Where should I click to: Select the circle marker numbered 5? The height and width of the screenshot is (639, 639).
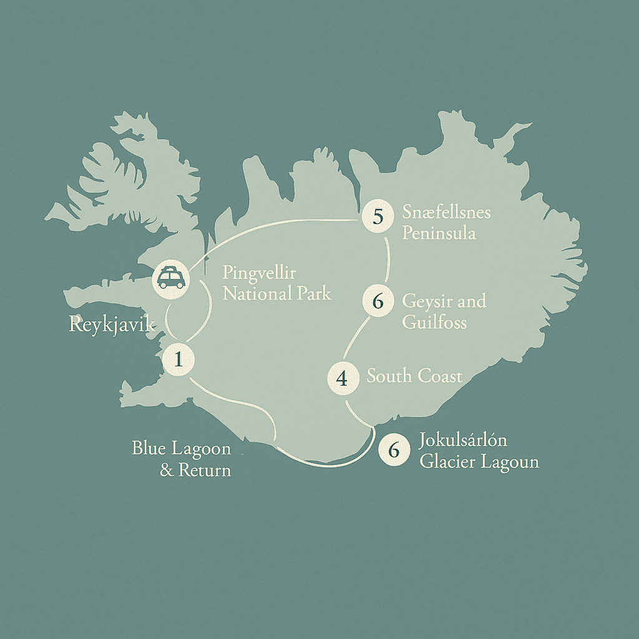pyautogui.click(x=378, y=217)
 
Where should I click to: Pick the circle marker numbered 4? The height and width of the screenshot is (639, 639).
pyautogui.click(x=343, y=378)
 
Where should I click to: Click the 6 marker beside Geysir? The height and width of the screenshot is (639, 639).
pyautogui.click(x=378, y=302)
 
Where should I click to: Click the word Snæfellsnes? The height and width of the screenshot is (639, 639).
pyautogui.click(x=446, y=213)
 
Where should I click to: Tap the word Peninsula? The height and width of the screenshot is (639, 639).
pyautogui.click(x=439, y=233)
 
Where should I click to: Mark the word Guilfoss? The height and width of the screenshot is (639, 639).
pyautogui.click(x=434, y=322)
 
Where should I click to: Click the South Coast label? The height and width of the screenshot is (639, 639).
pyautogui.click(x=414, y=376)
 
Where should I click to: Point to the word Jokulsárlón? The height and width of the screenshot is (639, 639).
pyautogui.click(x=463, y=441)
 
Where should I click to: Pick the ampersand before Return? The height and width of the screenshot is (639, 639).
pyautogui.click(x=167, y=469)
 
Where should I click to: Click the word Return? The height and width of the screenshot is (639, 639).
pyautogui.click(x=205, y=469)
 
